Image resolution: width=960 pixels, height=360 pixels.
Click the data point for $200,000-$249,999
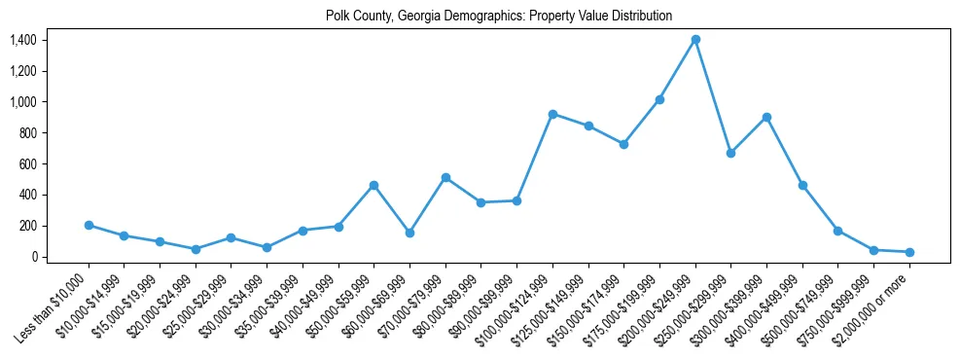coord(695,40)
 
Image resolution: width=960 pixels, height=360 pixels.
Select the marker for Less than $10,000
coord(89,225)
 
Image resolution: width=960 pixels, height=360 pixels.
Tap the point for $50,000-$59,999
coord(373,185)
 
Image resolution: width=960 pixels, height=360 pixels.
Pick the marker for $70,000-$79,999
coord(445,177)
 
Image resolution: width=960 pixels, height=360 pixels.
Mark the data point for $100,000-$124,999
coord(552,114)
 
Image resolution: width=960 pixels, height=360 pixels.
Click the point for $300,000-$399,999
coord(767,117)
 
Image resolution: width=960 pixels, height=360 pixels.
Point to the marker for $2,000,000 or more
coord(909,252)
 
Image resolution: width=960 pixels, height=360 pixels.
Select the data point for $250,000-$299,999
coord(730,153)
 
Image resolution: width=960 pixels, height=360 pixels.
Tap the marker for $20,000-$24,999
coord(196,249)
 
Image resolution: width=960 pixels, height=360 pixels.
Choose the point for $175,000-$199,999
coord(659,99)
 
